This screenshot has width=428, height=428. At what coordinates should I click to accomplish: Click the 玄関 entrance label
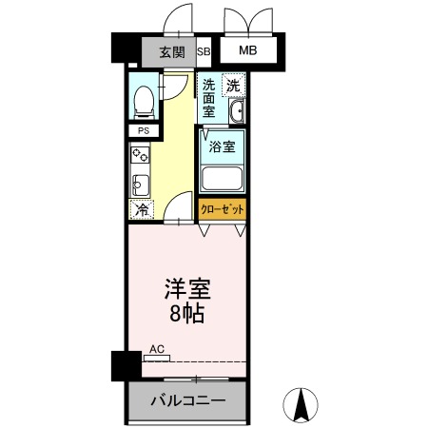(171, 51)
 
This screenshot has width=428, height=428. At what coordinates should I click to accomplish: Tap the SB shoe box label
(204, 51)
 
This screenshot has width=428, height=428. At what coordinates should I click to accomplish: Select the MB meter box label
(247, 51)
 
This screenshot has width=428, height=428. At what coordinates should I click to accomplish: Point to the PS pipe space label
(144, 131)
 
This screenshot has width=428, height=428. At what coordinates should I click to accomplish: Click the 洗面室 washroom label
(209, 98)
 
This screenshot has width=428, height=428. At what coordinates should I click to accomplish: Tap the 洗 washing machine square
(233, 86)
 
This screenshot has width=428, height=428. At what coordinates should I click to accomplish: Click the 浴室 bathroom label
(222, 147)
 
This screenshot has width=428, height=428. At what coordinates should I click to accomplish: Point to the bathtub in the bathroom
(223, 177)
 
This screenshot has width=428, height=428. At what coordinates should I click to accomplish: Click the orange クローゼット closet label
(222, 208)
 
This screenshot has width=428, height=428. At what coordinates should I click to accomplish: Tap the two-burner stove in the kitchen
(139, 155)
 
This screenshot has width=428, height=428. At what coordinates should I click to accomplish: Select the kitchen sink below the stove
(139, 183)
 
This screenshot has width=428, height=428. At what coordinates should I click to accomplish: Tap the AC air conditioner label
(157, 350)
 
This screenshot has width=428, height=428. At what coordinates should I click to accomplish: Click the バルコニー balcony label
(187, 401)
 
